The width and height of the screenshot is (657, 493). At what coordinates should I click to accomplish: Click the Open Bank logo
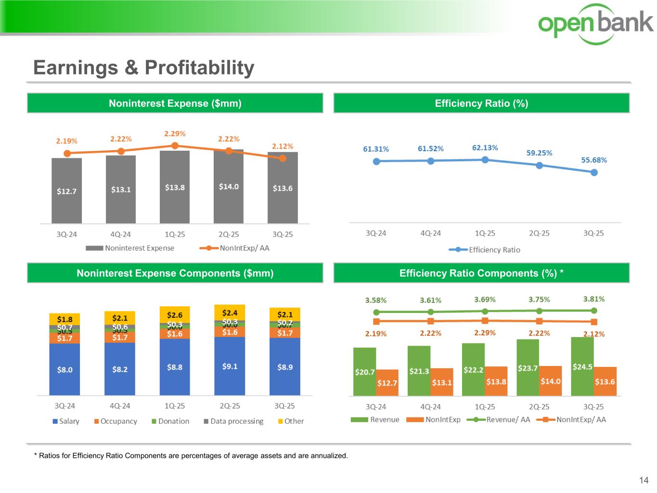(x=595, y=24)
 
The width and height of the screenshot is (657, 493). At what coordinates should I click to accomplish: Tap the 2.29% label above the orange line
(x=175, y=134)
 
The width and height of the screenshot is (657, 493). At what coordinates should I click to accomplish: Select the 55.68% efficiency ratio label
(x=594, y=160)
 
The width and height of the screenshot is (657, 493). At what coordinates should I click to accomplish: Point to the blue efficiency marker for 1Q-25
(x=485, y=159)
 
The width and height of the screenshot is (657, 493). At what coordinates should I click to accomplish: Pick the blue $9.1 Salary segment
(x=230, y=366)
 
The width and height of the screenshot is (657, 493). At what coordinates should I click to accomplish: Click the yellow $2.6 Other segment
(x=175, y=315)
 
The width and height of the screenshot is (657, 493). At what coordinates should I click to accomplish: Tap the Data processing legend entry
(x=233, y=421)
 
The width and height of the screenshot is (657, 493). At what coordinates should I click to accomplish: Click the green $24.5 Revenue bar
(x=582, y=367)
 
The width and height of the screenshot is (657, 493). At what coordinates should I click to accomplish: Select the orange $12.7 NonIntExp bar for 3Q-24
(x=387, y=383)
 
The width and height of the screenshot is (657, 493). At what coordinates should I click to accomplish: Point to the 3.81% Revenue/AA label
(x=594, y=299)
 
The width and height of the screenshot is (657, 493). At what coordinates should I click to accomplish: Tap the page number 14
(x=644, y=480)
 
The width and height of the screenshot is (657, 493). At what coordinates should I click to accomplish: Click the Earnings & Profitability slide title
(x=143, y=68)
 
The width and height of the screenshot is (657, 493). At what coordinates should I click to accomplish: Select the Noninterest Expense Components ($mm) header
(x=175, y=273)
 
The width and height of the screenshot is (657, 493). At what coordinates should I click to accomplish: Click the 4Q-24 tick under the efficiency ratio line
(x=430, y=233)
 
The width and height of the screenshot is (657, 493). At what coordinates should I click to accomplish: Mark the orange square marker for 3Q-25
(x=594, y=322)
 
